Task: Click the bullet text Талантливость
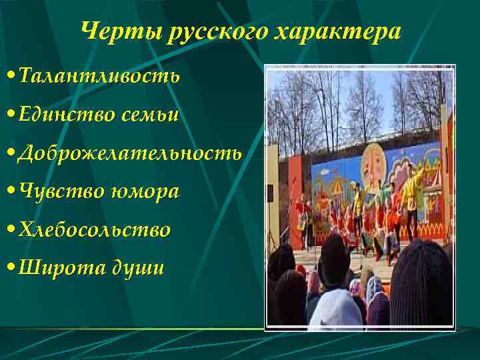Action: (x=99, y=75)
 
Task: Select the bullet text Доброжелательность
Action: (x=130, y=153)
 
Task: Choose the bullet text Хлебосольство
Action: (x=95, y=230)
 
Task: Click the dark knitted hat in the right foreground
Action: (x=421, y=280)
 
